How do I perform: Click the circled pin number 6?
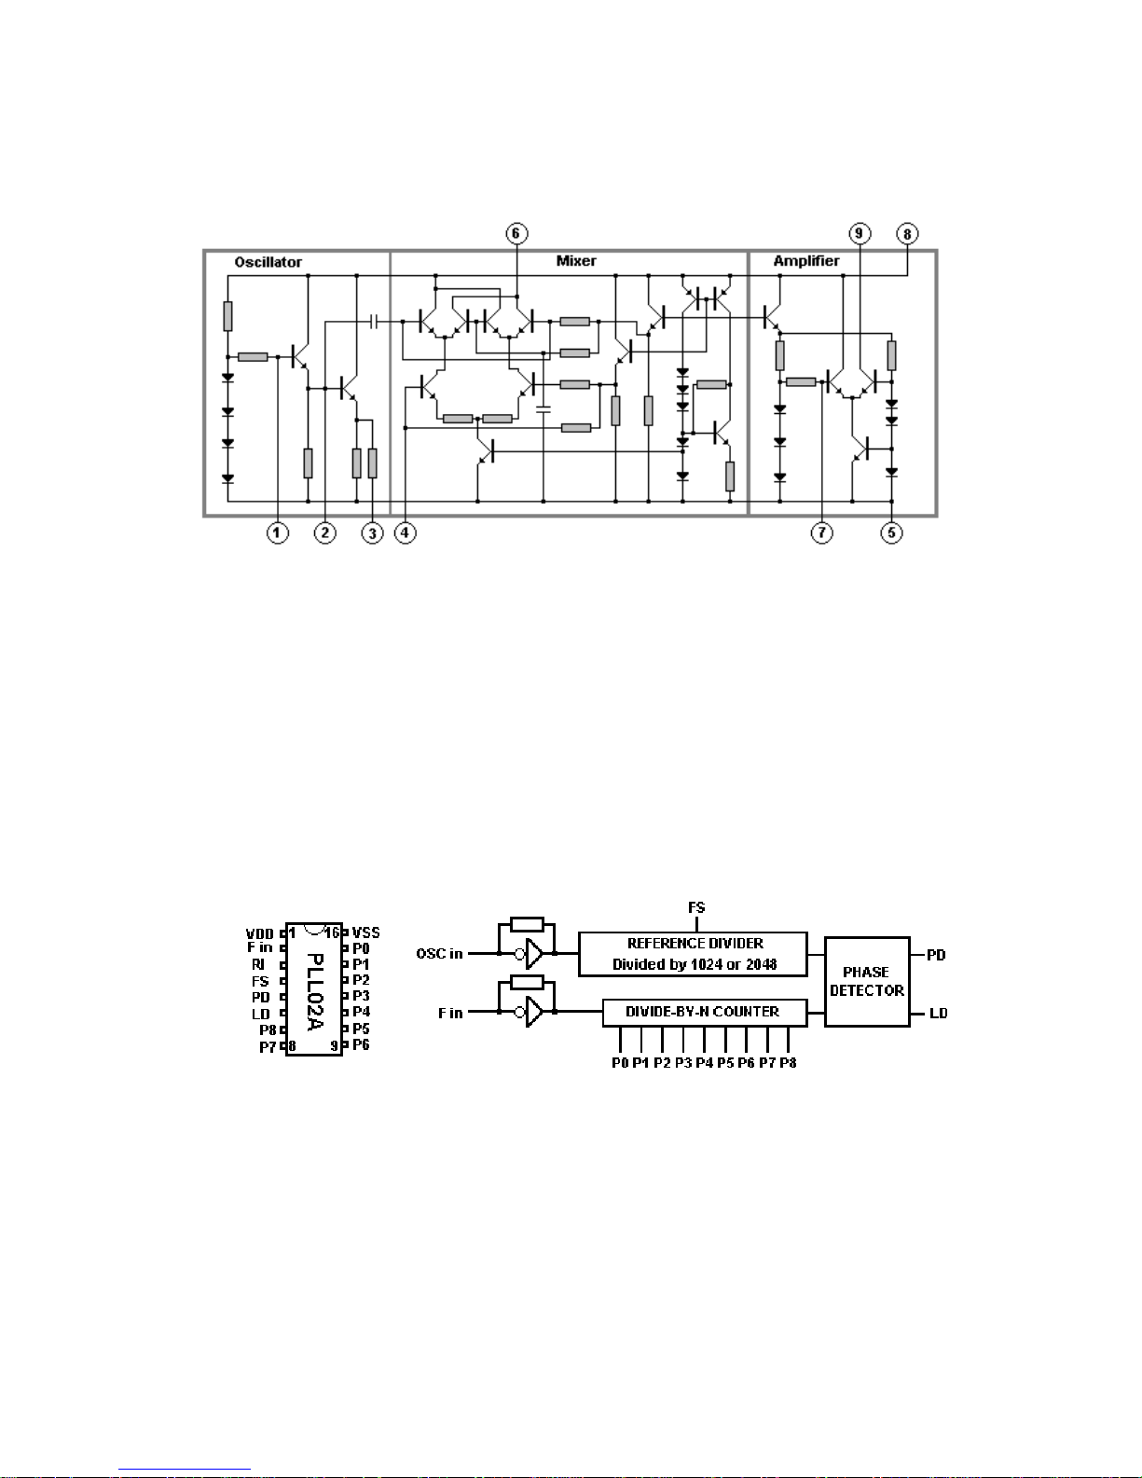[516, 234]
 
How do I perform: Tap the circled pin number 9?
[860, 234]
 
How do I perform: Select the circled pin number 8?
[907, 234]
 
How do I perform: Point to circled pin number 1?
[278, 532]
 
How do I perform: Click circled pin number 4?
[406, 532]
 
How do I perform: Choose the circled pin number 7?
[822, 532]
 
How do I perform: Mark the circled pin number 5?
[892, 532]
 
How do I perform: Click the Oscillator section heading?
[268, 262]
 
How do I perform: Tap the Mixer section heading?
[576, 260]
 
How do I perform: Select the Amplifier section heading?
[806, 260]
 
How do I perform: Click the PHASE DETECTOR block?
[867, 982]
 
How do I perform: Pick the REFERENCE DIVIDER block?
[693, 954]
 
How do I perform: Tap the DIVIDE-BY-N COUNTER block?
[705, 1012]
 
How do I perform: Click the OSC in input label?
[439, 954]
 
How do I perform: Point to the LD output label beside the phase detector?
[939, 1014]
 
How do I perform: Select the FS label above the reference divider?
[696, 907]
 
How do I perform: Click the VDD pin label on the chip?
[260, 933]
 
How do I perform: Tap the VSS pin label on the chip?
[366, 932]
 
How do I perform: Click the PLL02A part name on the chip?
[314, 992]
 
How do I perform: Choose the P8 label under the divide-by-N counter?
[789, 1062]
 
